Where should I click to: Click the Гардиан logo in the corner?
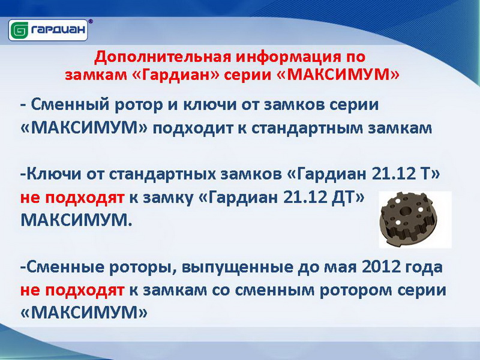point(48,30)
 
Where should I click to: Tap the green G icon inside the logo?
point(20,31)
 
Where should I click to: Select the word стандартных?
point(163,175)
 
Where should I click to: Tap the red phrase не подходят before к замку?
point(72,198)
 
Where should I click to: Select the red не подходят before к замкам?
point(72,290)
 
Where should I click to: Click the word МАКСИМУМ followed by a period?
point(76,220)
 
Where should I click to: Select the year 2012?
point(381,267)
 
